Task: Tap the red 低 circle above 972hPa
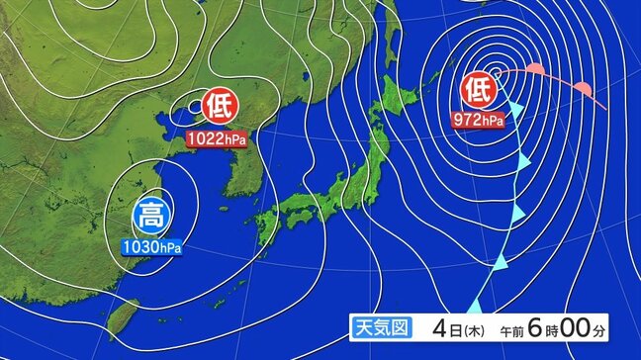click(x=476, y=90)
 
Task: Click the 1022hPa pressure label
click(x=217, y=139)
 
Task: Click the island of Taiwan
click(x=122, y=318)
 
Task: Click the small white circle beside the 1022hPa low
click(x=193, y=102)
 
